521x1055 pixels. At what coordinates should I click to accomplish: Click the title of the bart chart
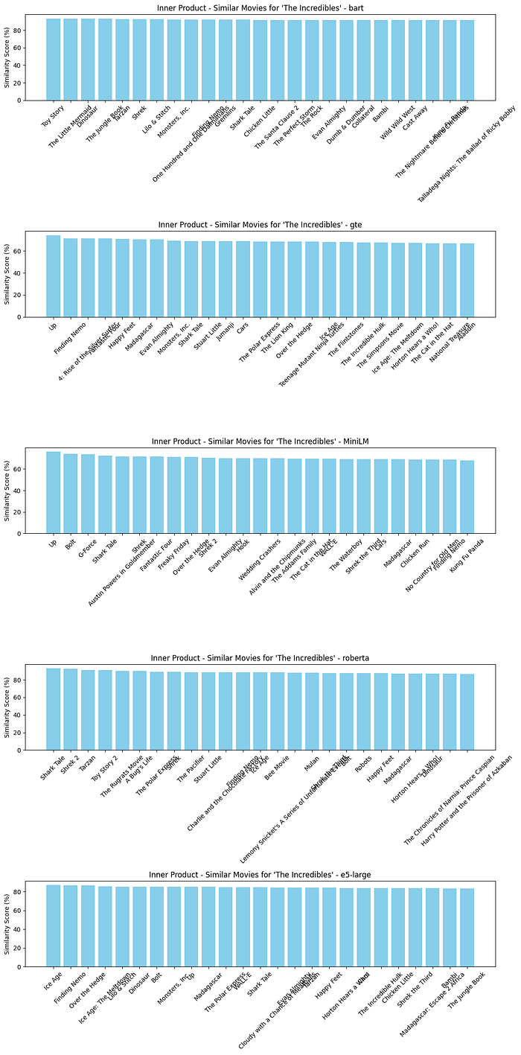pyautogui.click(x=260, y=7)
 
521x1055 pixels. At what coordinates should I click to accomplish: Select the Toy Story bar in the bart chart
pyautogui.click(x=53, y=60)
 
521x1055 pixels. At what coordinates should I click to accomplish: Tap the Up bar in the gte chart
pyautogui.click(x=53, y=276)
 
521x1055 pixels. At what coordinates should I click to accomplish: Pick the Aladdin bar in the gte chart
pyautogui.click(x=467, y=280)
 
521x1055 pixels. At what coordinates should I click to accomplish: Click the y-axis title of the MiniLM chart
pyautogui.click(x=7, y=491)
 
